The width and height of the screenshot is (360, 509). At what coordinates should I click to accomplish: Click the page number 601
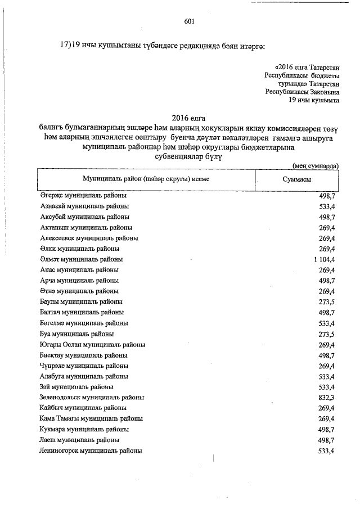pos(189,22)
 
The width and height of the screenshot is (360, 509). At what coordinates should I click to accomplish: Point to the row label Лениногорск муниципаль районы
pos(91,451)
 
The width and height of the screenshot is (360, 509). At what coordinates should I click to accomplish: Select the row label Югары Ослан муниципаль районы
pos(93,344)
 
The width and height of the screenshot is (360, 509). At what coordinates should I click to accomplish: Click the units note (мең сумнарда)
pos(316,166)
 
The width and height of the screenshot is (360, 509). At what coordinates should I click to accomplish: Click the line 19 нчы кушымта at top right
pos(313,100)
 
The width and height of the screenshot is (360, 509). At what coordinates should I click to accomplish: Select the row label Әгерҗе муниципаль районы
pos(83,195)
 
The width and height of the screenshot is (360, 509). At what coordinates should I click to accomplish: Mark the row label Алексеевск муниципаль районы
pos(89,238)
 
